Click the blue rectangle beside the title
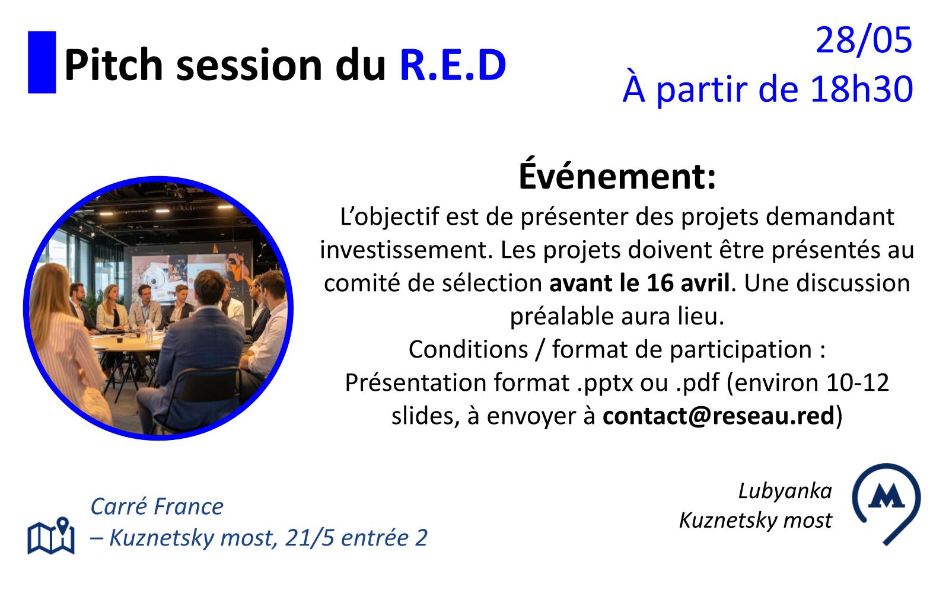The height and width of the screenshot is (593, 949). (x=42, y=62)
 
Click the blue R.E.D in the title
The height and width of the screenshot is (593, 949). (x=453, y=65)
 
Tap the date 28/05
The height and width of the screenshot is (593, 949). (x=864, y=40)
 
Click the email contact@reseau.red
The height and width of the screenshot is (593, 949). (x=718, y=416)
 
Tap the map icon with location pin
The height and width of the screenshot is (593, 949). (x=51, y=535)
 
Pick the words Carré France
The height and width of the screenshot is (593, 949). (x=157, y=506)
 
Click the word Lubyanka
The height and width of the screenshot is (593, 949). (x=785, y=492)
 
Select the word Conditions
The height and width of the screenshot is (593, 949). (x=468, y=349)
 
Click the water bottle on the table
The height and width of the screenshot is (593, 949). (x=149, y=331)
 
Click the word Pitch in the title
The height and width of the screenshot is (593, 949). (x=113, y=65)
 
